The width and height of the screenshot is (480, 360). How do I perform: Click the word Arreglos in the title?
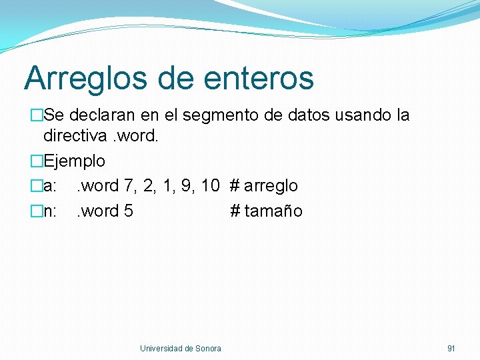point(85,78)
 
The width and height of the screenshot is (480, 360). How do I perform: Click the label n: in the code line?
point(51,211)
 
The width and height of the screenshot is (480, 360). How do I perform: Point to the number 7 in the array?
point(129,186)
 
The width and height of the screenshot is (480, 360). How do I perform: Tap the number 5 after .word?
point(128,211)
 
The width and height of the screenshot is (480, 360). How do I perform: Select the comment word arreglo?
point(271,186)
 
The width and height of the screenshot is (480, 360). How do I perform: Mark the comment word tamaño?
point(273,211)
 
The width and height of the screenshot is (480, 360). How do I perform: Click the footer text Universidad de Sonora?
point(181,349)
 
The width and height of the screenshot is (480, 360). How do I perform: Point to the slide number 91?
point(451,349)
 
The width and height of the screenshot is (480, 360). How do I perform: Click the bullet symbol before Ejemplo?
point(36,161)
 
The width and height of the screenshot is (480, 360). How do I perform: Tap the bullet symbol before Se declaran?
point(36,115)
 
